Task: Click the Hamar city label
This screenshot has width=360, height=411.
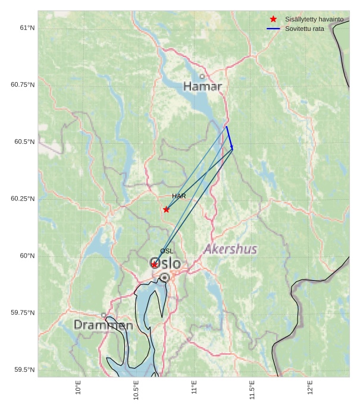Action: click(202, 86)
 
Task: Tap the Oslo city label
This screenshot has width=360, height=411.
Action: click(165, 263)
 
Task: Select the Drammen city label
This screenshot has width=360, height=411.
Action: click(104, 325)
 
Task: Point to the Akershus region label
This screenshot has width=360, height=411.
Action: click(231, 249)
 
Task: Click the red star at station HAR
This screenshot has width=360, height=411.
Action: click(166, 209)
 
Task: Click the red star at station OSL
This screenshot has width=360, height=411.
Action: click(154, 265)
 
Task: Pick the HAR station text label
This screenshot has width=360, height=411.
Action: click(179, 196)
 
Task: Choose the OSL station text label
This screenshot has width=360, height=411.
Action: click(167, 251)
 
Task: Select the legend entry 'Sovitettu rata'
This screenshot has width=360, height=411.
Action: click(304, 29)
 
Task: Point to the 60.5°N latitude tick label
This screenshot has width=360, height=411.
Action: click(24, 142)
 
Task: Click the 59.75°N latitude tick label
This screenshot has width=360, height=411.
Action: click(23, 313)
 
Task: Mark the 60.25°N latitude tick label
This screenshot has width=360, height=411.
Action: click(23, 199)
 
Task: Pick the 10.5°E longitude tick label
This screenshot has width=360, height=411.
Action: click(136, 390)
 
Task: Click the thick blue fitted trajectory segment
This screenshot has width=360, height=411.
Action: click(229, 137)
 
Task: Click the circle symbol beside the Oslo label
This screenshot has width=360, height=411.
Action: click(165, 277)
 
